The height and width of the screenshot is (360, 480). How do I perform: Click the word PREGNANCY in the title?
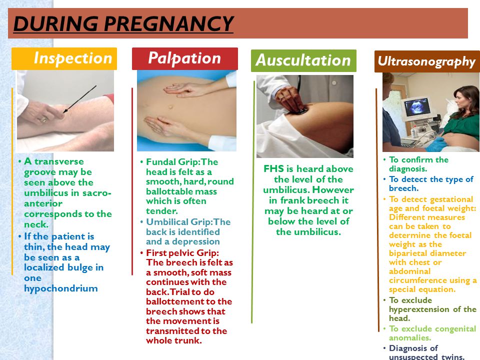coord(168,23)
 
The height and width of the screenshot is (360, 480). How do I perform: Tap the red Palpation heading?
coord(185,58)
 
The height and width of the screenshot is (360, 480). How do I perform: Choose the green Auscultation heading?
coord(303,60)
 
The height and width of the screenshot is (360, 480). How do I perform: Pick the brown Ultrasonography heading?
coord(427,61)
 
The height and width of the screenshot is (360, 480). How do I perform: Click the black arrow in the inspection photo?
coord(79,99)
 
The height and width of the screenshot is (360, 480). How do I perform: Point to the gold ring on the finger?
coord(44,119)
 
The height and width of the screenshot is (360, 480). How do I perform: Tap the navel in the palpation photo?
coord(170,107)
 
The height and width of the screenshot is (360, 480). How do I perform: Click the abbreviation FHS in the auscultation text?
coord(273,169)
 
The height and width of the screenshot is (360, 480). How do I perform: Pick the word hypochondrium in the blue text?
coord(61,288)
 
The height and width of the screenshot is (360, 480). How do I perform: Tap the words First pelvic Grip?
coord(182,253)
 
